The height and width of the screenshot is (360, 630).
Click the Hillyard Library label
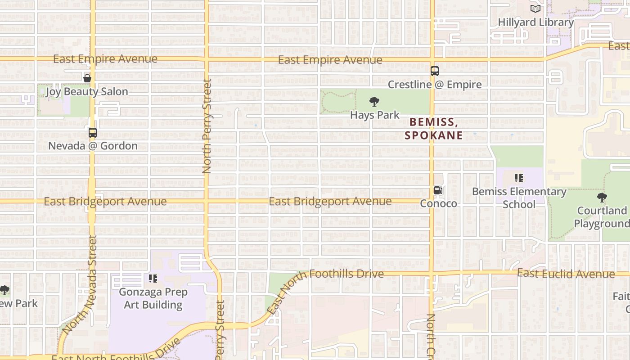[535, 22]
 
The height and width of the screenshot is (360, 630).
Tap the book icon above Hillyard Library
[535, 9]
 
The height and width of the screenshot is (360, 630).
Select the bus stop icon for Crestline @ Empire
[434, 71]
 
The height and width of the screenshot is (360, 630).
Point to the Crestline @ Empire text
[434, 84]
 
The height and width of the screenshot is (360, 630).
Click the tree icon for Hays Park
[374, 102]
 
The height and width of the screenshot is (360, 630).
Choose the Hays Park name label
[374, 115]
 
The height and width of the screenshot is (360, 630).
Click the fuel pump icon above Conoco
[438, 190]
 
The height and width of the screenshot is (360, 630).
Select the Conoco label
[438, 203]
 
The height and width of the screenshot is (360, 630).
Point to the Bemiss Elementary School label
[519, 198]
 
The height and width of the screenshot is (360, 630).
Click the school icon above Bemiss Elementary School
[519, 179]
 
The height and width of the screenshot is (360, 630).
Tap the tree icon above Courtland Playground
[602, 198]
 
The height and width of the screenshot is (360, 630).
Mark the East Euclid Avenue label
[566, 274]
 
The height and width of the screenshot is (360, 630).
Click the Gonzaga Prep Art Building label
[153, 298]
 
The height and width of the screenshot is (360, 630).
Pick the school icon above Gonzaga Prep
[153, 279]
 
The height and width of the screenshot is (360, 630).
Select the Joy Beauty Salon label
[87, 91]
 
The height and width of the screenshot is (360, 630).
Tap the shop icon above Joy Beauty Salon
[87, 78]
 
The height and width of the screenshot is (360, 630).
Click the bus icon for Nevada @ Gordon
[93, 133]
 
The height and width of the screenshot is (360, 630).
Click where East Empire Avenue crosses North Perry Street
[206, 59]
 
